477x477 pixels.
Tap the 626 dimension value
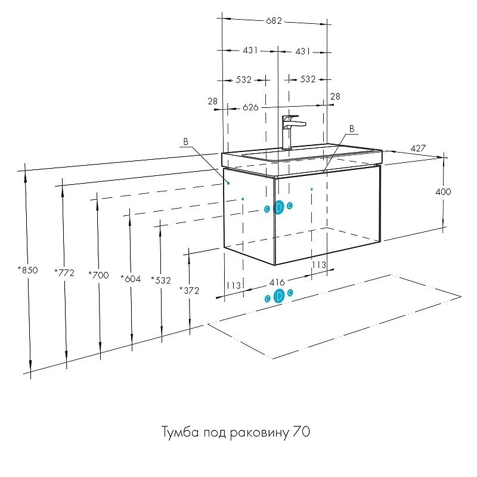(250, 107)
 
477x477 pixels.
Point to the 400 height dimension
(443, 192)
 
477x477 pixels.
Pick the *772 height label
(64, 272)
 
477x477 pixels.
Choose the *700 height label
(98, 275)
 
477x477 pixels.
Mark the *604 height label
(130, 278)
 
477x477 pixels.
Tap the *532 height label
(160, 279)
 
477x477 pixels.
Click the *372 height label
(189, 290)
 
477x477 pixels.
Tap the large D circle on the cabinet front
(278, 207)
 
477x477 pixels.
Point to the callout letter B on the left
(186, 142)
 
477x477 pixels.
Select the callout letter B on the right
(351, 129)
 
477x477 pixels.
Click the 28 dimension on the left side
(213, 102)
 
